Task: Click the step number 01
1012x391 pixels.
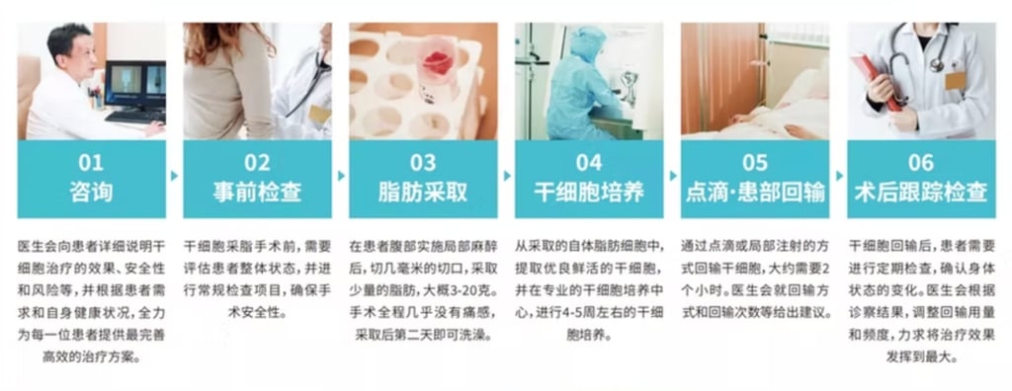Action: (91, 163)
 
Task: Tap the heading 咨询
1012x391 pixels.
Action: (91, 192)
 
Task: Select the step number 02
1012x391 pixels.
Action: (257, 163)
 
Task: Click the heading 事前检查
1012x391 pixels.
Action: (257, 192)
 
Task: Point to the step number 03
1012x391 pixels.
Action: (423, 163)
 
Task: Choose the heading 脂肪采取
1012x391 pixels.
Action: (423, 192)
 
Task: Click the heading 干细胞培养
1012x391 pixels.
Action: (589, 192)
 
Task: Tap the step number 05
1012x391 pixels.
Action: (754, 163)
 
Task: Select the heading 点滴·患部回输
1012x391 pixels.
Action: (754, 192)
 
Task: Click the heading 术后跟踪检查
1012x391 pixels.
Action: (921, 192)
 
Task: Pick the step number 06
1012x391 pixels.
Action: (921, 163)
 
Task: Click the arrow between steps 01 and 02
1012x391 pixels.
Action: (174, 176)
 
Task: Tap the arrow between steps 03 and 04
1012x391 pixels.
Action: (507, 176)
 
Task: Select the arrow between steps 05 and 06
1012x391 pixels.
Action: (839, 176)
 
